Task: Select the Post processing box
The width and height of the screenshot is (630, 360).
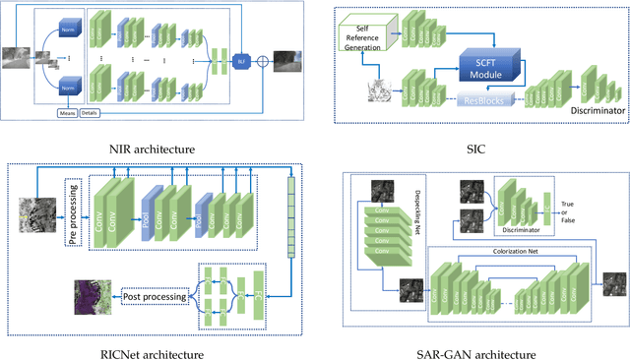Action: [152, 292]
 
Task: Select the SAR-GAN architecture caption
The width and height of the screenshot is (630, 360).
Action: [479, 340]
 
